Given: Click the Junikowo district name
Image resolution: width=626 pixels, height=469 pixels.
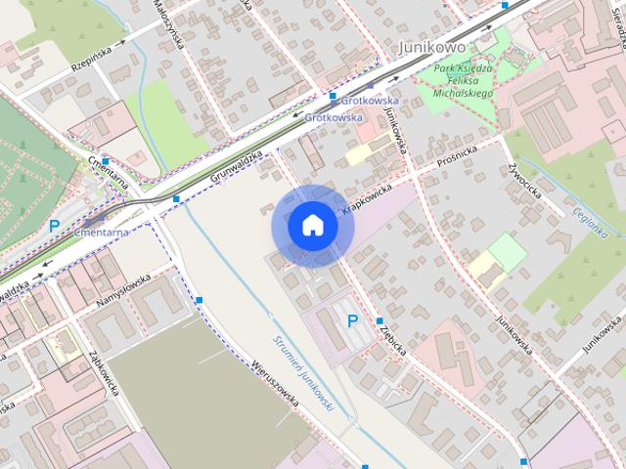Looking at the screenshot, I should click(x=432, y=47).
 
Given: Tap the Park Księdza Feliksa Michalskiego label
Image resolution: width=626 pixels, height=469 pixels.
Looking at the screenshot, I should click(x=455, y=79).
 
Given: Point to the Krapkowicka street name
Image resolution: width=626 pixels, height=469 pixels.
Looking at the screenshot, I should click(x=368, y=198).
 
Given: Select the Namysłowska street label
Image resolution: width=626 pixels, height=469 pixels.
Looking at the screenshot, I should click(x=123, y=292).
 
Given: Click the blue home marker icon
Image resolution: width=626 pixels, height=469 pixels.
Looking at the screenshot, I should click(x=312, y=225).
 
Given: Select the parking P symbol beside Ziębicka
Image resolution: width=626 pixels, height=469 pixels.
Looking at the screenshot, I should click(x=352, y=320).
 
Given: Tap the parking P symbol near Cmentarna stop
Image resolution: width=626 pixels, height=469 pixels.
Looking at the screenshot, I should click(x=55, y=226).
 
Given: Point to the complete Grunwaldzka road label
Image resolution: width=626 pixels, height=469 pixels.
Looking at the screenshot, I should click(x=236, y=167).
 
